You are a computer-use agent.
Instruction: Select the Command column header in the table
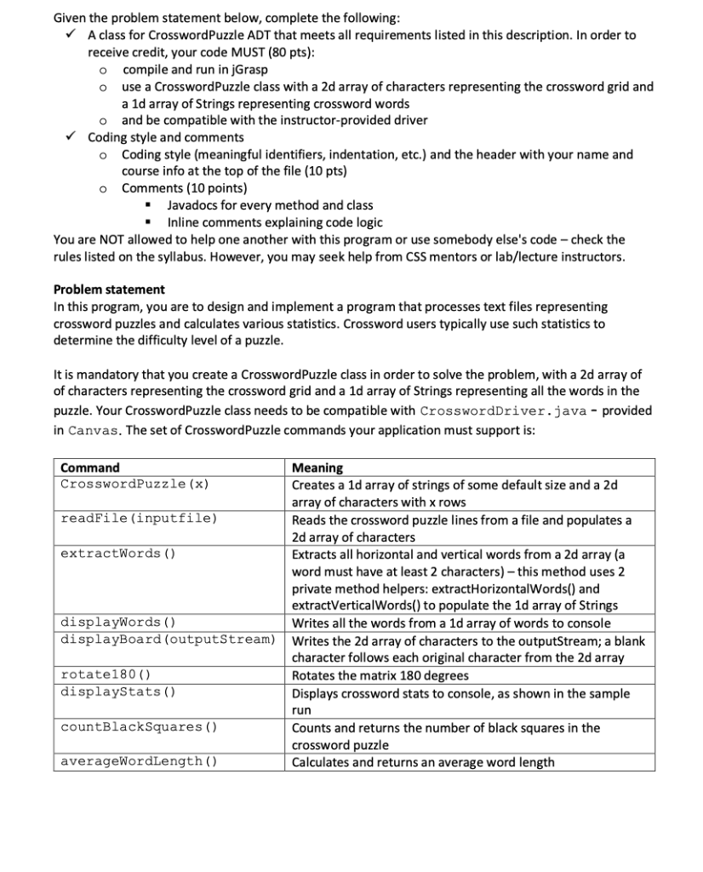pos(90,468)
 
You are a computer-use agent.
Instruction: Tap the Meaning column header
pos(317,468)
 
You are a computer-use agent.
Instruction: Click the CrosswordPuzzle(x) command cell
pos(135,485)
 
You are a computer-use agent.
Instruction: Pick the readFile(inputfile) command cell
pos(139,519)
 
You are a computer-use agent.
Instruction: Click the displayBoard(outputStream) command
pos(168,640)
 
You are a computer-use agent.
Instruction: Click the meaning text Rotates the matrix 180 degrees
pos(380,675)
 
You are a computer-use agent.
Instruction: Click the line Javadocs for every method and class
pos(270,205)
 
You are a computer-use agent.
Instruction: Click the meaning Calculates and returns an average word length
pos(423,762)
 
